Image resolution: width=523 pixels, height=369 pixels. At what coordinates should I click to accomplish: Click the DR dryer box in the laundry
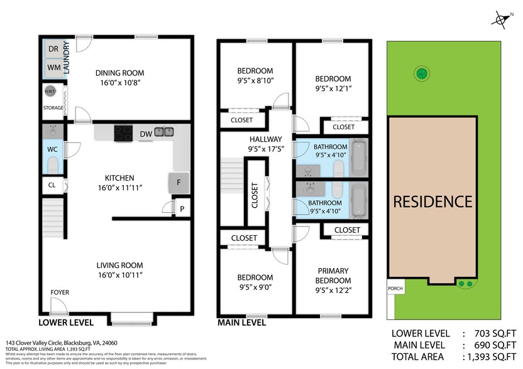[53, 49]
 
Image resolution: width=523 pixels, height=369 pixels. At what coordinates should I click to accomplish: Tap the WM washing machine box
[53, 67]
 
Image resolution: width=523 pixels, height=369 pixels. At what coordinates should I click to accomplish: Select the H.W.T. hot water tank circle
[50, 92]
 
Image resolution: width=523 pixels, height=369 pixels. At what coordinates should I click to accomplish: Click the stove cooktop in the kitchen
[123, 132]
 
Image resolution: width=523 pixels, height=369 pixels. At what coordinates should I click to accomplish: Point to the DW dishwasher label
[145, 133]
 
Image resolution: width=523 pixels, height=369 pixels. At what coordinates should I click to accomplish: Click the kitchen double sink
[165, 132]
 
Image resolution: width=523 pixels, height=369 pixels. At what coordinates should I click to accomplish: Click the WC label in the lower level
[52, 150]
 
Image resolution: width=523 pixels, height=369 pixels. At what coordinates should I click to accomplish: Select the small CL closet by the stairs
[52, 186]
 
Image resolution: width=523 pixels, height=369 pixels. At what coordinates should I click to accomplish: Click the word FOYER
[60, 292]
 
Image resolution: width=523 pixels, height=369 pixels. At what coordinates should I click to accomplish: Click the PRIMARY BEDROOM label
[333, 275]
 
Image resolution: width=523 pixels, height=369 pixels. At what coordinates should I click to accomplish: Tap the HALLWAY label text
[266, 139]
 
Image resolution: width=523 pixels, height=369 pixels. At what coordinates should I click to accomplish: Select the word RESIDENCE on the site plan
[432, 201]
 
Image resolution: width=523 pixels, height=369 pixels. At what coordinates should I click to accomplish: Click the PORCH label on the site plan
[395, 289]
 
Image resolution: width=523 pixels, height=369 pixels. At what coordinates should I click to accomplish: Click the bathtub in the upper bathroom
[359, 158]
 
